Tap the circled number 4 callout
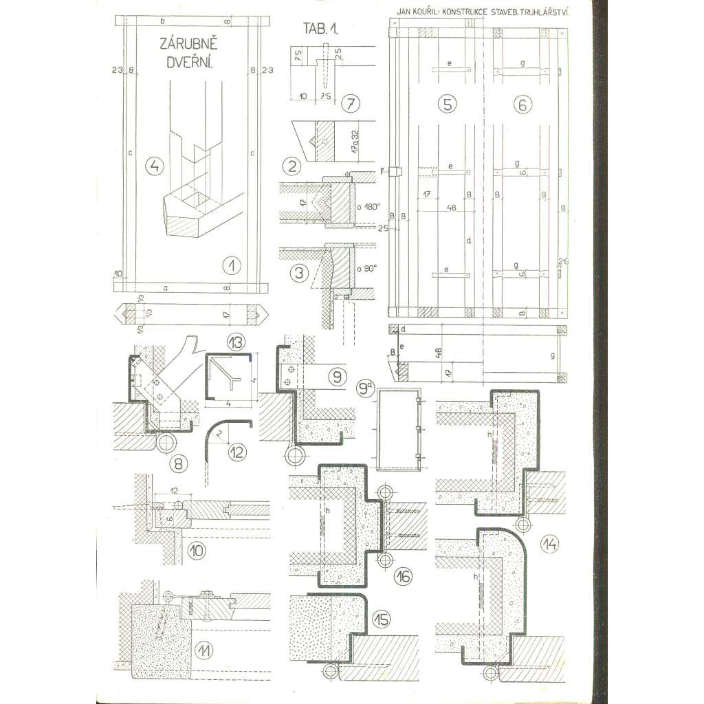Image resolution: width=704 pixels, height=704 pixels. tap(155, 166)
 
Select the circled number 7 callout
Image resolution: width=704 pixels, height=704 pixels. tap(349, 104)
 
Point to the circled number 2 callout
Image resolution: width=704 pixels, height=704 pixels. tap(294, 166)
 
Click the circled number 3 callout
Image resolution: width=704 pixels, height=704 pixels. tap(298, 273)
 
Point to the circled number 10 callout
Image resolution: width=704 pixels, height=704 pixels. tap(195, 549)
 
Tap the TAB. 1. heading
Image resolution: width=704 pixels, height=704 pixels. tap(322, 28)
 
